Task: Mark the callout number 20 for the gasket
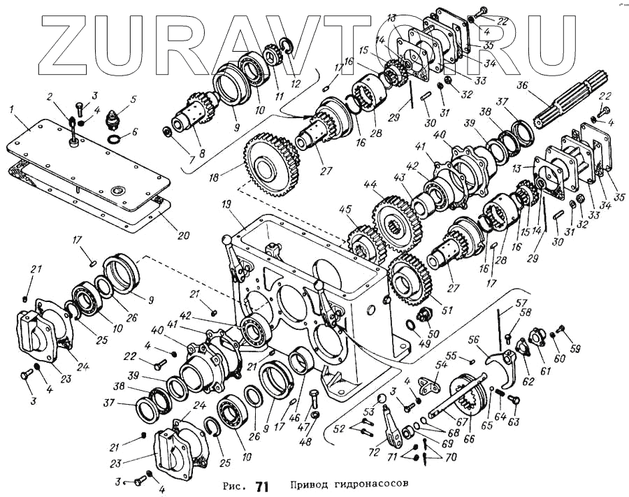[x=183, y=235]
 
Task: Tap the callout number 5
[x=133, y=99]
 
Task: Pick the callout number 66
[x=468, y=440]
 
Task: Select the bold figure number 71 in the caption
[x=262, y=484]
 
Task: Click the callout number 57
[x=521, y=304]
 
